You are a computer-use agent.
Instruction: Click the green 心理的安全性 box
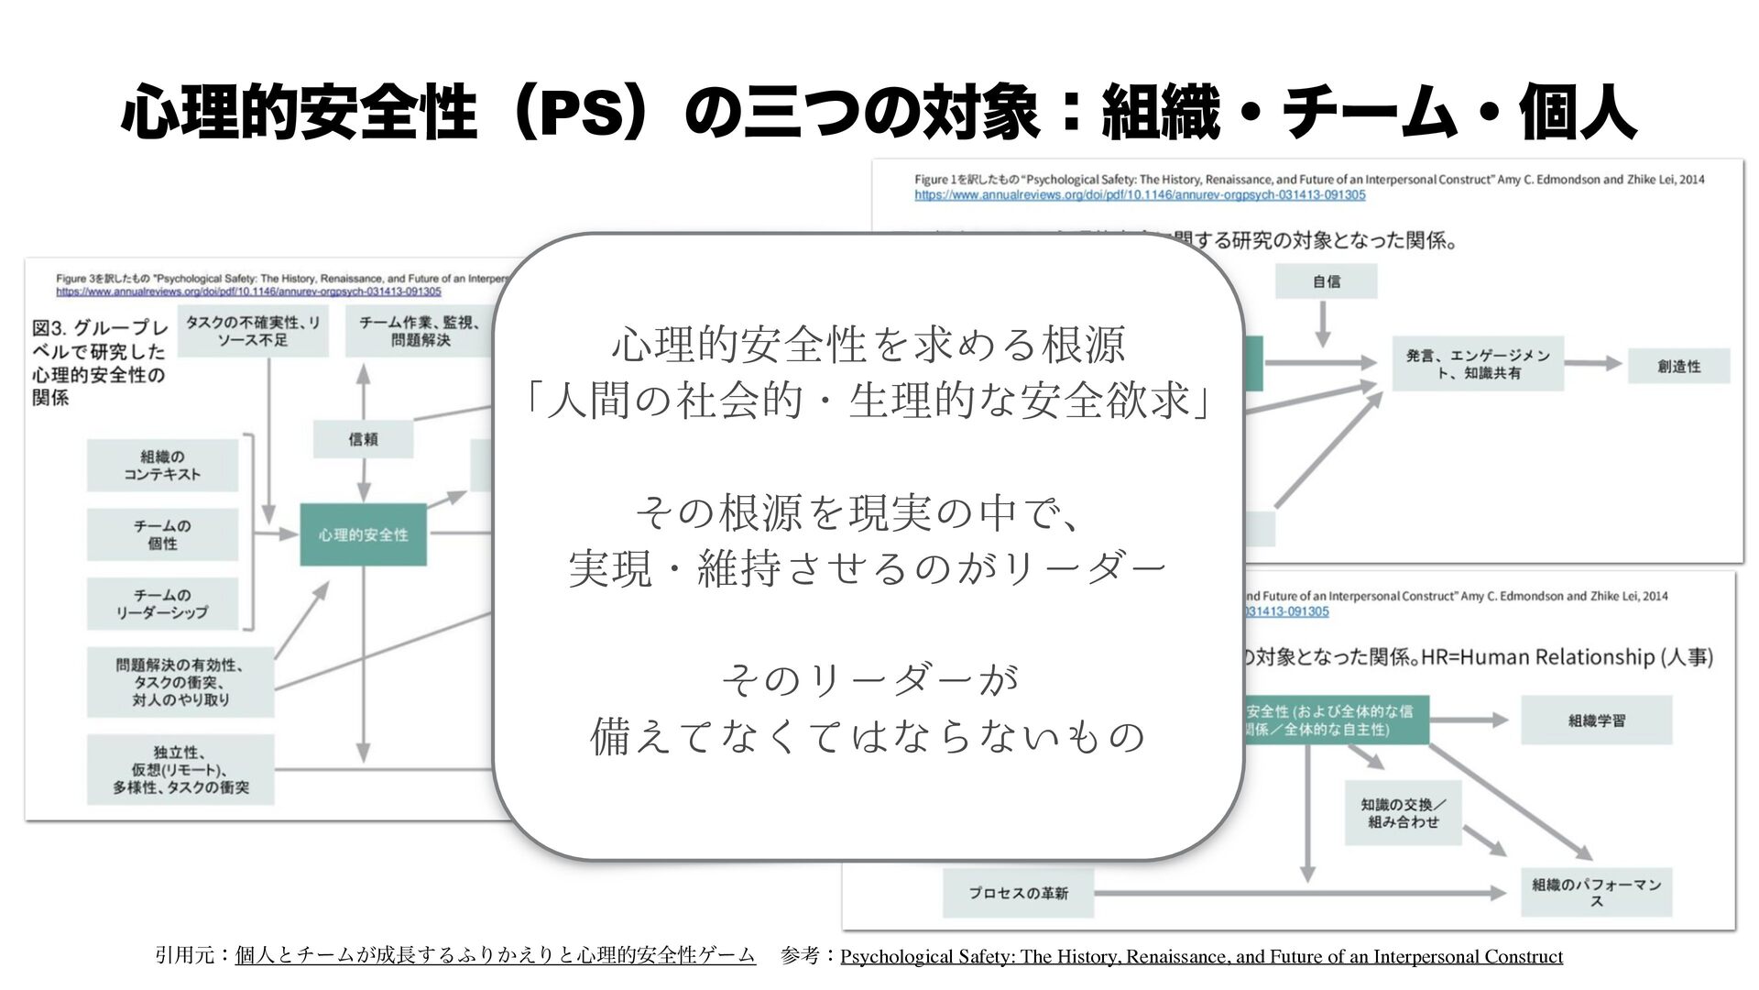(x=363, y=534)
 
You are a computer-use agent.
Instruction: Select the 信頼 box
(x=363, y=439)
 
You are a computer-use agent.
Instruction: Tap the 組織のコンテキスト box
(x=162, y=466)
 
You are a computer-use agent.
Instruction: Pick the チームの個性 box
(x=162, y=534)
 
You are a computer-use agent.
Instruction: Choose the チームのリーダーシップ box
(x=162, y=603)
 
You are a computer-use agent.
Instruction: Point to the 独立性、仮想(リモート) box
(x=180, y=770)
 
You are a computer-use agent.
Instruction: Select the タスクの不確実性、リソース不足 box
(x=253, y=331)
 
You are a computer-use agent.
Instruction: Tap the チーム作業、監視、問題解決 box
(x=420, y=331)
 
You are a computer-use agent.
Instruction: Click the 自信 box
(x=1326, y=281)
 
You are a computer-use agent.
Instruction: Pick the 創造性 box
(x=1678, y=366)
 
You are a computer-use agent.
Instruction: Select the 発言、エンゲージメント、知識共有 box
(x=1478, y=364)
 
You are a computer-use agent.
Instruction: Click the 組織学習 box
(x=1596, y=720)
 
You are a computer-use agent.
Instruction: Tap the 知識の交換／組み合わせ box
(x=1403, y=813)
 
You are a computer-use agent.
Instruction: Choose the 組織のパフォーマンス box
(x=1596, y=892)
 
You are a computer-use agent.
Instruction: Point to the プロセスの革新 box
(x=1018, y=893)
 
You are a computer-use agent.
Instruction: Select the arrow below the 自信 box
(x=1323, y=324)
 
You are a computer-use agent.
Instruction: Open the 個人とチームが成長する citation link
(x=495, y=956)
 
